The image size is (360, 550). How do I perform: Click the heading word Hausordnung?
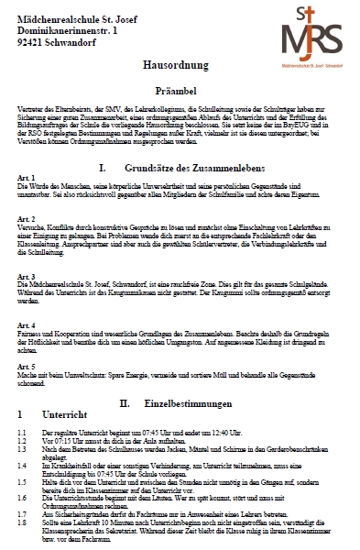pyautogui.click(x=180, y=68)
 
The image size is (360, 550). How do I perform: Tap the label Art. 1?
pyautogui.click(x=26, y=178)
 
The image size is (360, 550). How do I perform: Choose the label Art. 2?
pyautogui.click(x=26, y=220)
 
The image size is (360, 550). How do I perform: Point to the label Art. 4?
pyautogui.click(x=26, y=325)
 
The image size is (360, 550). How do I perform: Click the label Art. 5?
pyautogui.click(x=26, y=367)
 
